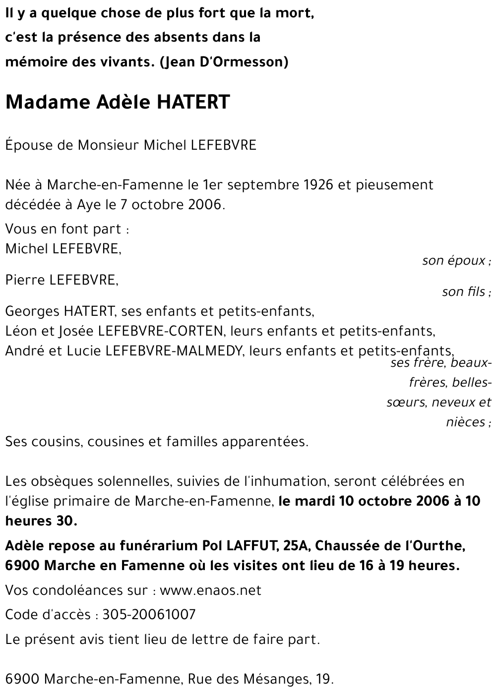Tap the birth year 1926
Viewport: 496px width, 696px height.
coord(318,185)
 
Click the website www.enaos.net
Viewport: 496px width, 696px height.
coord(210,590)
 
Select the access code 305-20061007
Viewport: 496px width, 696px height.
coord(149,615)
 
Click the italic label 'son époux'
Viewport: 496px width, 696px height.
coord(453,261)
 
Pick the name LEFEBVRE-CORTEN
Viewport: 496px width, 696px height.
coord(164,331)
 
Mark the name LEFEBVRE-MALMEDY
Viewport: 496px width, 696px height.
coord(175,351)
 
